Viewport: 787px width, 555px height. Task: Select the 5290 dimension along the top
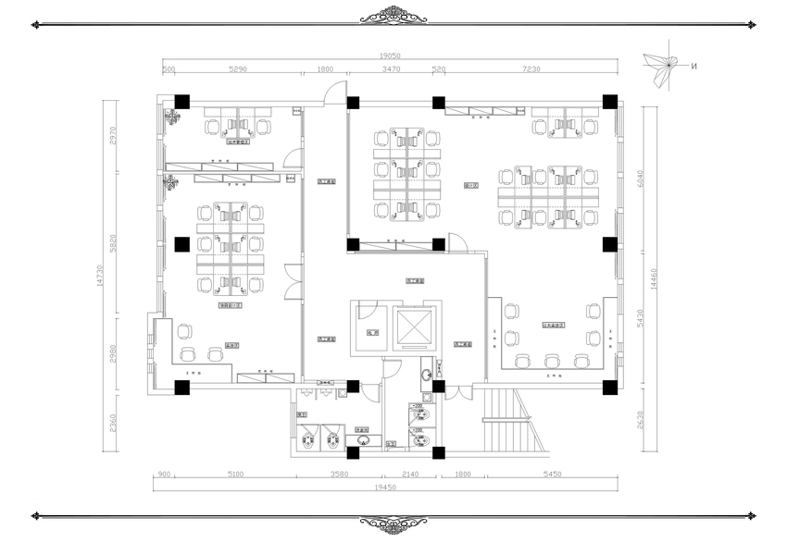pos(238,69)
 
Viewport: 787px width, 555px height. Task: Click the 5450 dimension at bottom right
pos(552,475)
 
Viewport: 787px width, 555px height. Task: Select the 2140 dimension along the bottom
pos(412,475)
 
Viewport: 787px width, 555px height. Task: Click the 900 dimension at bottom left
pos(163,475)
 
